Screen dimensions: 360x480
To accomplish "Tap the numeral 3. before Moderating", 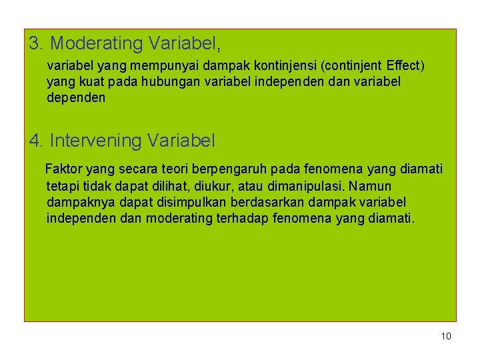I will (37, 44).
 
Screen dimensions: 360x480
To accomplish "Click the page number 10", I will (446, 336).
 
